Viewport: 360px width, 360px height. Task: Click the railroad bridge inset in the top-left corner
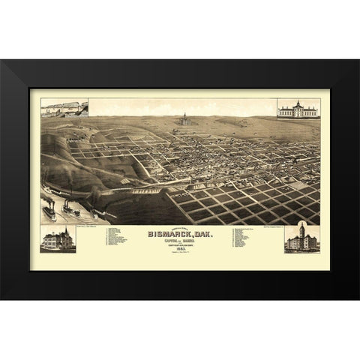coord(64,109)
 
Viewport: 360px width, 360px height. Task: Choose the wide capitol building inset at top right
coord(298,109)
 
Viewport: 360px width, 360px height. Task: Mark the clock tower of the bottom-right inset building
coord(301,227)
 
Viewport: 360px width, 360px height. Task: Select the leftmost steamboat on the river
coord(49,211)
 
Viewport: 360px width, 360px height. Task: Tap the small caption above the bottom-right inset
coord(300,218)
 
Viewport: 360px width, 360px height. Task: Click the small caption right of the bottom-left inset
coord(88,224)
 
